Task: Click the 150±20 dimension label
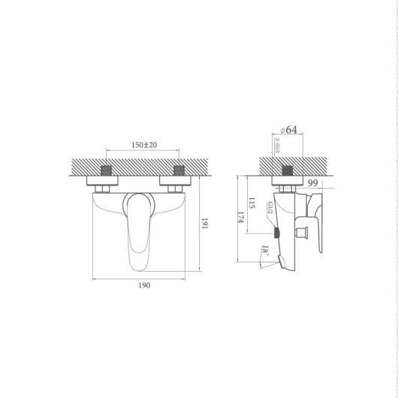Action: point(144,145)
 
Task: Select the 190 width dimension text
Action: point(144,285)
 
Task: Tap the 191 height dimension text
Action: point(204,223)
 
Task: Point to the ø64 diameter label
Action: point(289,130)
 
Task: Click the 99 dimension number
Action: point(312,182)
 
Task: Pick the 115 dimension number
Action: point(252,203)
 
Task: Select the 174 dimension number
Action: point(240,217)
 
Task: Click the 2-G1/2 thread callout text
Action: point(277,146)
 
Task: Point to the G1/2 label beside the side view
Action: point(270,207)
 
